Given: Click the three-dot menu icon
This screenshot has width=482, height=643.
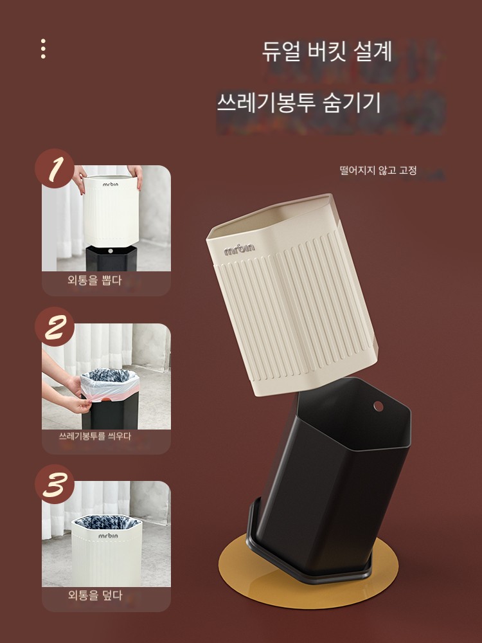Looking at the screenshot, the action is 43,49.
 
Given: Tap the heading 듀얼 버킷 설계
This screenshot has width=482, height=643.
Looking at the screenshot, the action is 326,51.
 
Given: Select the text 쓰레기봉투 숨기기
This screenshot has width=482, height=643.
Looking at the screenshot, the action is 299,103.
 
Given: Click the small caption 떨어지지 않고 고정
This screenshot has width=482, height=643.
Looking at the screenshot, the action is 378,170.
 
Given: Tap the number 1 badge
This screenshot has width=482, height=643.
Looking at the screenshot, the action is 55,168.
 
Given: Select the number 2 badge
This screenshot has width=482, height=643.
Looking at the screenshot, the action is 55,327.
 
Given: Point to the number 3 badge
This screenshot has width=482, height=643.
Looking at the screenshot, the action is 55,484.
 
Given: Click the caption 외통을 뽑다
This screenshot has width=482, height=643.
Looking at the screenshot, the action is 94,280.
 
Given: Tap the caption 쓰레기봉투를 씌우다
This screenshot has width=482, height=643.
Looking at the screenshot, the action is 95,437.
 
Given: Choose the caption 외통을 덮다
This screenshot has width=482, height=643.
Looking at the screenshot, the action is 95,595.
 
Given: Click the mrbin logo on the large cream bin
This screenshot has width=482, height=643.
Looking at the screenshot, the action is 239,248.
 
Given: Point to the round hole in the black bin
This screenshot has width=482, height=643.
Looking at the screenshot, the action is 379,406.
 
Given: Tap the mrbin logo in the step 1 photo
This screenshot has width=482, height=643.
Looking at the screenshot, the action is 111,185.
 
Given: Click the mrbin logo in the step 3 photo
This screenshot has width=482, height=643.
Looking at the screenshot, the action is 108,536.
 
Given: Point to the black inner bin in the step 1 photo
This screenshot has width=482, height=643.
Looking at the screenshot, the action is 111,258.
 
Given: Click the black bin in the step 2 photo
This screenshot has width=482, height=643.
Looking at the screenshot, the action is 110,413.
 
